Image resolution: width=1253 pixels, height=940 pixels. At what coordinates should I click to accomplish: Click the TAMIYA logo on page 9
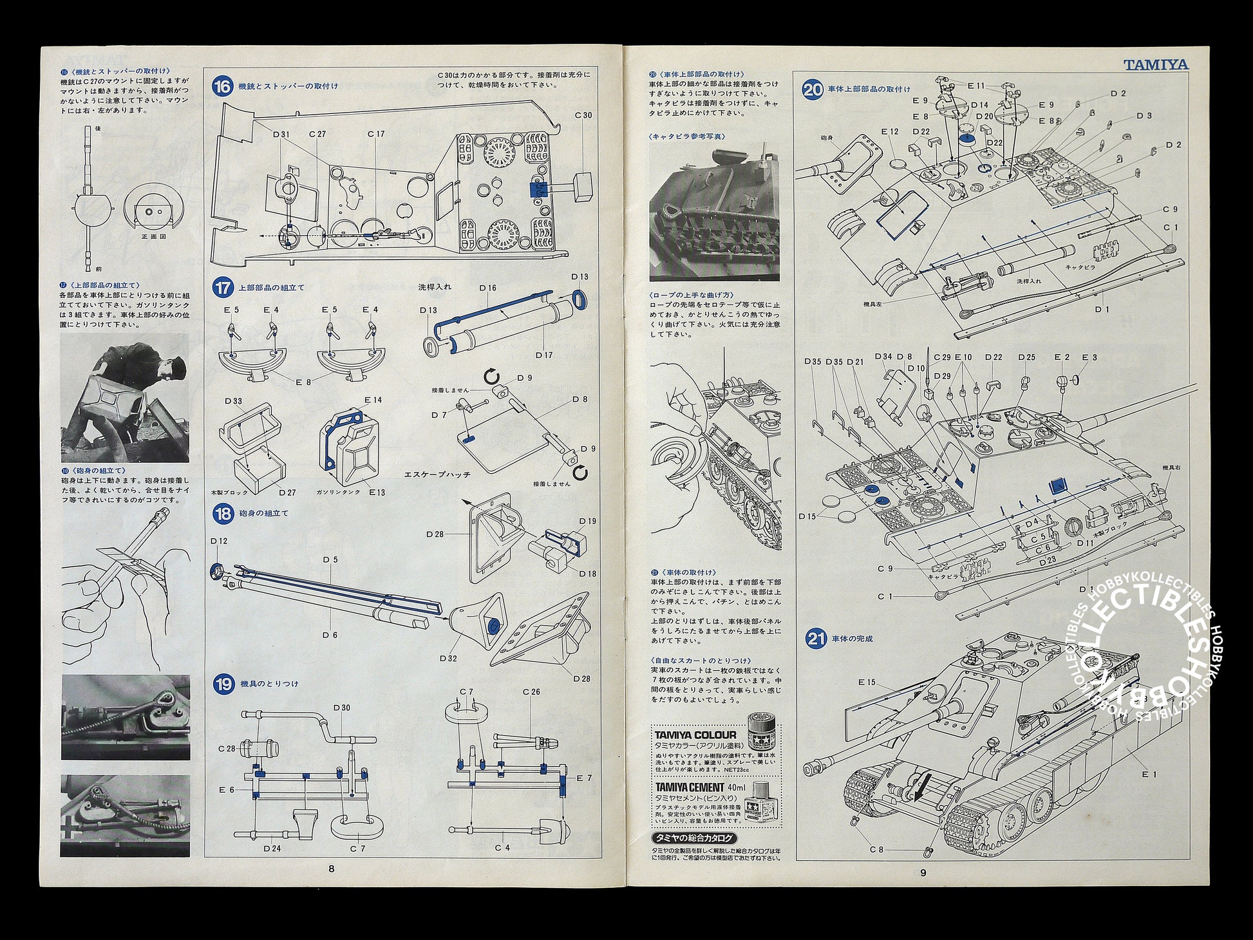pos(1156,64)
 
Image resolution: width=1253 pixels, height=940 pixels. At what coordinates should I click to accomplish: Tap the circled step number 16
pos(222,86)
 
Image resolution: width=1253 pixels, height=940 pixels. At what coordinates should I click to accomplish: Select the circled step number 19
pos(222,684)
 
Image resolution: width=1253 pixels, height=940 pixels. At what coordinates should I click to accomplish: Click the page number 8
pos(331,869)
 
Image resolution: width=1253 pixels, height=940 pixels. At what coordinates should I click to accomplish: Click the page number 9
pos(923,873)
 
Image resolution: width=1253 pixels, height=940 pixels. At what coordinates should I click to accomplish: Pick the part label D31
pos(281,135)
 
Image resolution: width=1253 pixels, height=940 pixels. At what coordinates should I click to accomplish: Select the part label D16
pos(488,288)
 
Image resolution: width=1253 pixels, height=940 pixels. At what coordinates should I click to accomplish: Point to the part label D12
pos(219,541)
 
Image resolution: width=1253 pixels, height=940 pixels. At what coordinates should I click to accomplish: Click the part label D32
pos(449,658)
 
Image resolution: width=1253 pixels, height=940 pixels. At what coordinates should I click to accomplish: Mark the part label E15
pos(867,682)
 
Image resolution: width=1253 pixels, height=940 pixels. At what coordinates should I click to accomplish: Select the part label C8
pos(877,849)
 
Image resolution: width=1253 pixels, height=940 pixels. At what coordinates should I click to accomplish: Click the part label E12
pos(890,131)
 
